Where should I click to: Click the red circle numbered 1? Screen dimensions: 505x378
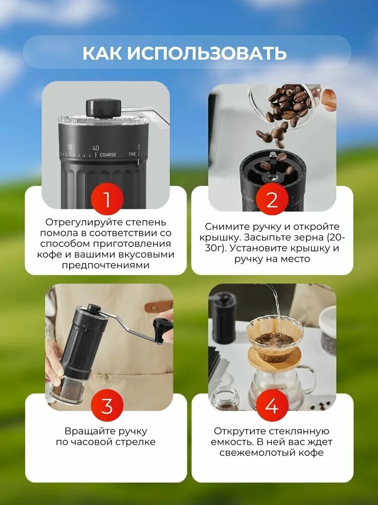(x=106, y=200)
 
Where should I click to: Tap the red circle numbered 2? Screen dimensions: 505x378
(x=272, y=200)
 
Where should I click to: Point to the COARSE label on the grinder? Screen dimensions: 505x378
(x=108, y=155)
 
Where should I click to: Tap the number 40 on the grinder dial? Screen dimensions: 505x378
(x=95, y=148)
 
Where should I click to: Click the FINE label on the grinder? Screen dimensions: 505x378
(x=133, y=154)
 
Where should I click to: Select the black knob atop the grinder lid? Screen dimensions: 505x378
(x=103, y=107)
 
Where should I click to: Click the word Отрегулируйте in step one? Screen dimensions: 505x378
(x=76, y=222)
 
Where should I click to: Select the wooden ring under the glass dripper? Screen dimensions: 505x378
(x=275, y=359)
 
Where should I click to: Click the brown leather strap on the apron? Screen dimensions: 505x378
(x=158, y=306)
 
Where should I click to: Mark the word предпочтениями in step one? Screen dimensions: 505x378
(x=106, y=265)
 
